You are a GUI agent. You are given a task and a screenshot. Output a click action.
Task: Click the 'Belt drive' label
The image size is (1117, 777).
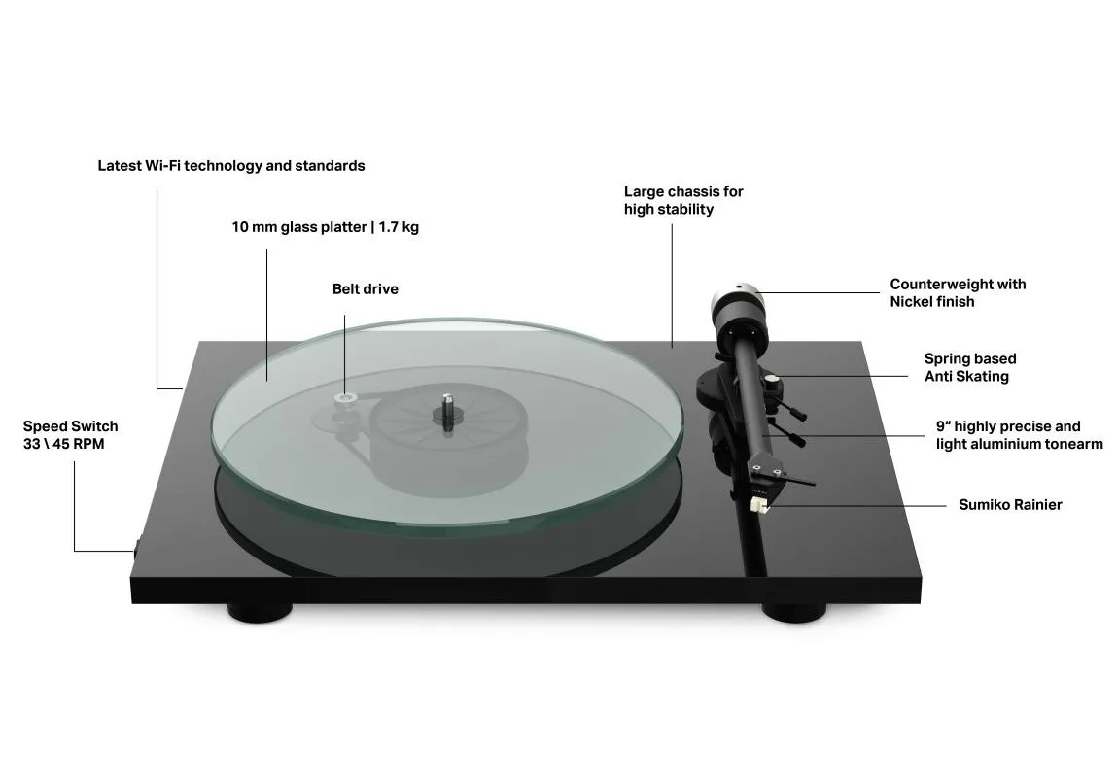(x=365, y=288)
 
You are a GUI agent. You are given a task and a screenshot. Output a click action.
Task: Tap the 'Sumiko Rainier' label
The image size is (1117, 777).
(x=1009, y=504)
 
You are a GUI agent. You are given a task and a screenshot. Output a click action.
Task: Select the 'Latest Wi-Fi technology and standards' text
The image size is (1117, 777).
(x=230, y=166)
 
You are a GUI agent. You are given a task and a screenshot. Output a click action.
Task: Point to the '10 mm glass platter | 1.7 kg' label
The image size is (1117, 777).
(x=325, y=227)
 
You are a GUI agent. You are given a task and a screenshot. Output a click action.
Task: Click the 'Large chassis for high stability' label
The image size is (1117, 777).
(x=683, y=200)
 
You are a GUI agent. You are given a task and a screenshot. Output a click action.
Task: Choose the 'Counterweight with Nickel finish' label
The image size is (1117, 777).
(x=958, y=292)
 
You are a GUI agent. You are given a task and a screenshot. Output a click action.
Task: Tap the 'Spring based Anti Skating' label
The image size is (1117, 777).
(x=969, y=367)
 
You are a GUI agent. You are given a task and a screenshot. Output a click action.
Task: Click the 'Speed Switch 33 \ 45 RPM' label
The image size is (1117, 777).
(x=71, y=435)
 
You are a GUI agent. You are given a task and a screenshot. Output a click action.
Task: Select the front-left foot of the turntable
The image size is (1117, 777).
(x=260, y=612)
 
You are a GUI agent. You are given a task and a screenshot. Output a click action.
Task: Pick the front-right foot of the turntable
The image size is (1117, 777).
(x=794, y=612)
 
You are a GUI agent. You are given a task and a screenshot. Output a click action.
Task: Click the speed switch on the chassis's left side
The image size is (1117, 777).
(x=134, y=547)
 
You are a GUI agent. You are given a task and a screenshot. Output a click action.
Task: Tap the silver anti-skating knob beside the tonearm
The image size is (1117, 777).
(x=773, y=381)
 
